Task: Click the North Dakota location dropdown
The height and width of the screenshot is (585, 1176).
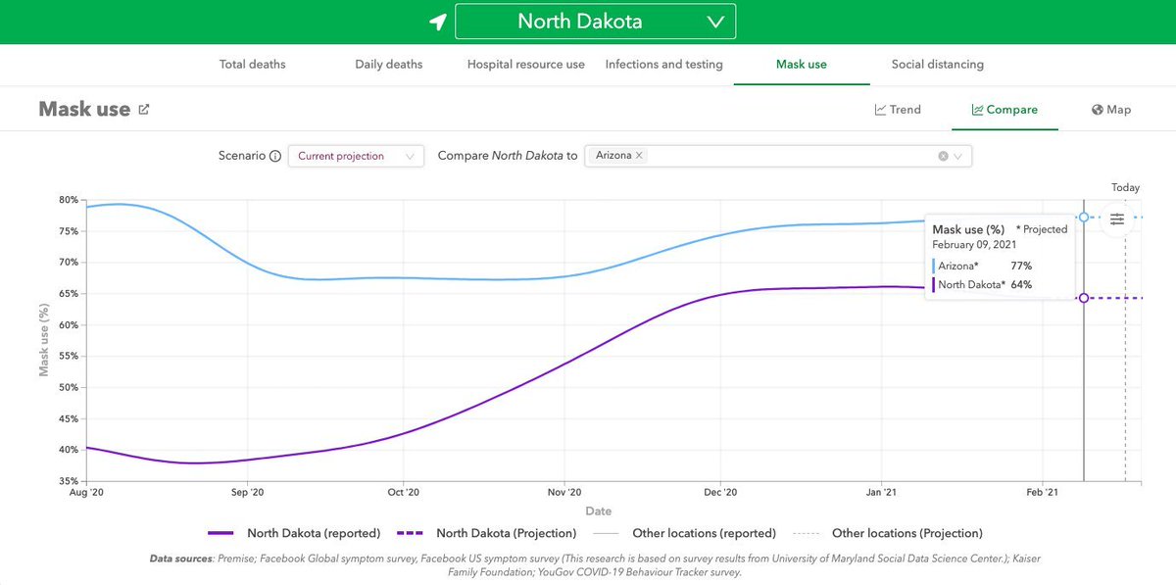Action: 595,21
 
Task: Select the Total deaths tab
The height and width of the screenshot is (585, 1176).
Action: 252,65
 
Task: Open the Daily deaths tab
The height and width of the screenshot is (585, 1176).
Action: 388,65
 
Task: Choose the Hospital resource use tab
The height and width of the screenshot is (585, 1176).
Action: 525,65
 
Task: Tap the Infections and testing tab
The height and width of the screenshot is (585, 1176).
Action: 663,65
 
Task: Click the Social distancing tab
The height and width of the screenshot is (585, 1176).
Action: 937,65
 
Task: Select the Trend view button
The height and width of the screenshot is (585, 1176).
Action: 898,110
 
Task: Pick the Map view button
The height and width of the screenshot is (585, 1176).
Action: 1111,110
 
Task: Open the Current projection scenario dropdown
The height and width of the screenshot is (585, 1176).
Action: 356,156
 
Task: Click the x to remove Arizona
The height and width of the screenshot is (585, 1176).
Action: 639,156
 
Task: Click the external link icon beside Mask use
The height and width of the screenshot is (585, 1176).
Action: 144,110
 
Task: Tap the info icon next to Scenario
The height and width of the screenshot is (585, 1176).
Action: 275,156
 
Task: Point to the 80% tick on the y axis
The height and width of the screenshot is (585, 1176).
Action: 68,200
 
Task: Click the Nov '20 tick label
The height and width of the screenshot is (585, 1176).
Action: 563,493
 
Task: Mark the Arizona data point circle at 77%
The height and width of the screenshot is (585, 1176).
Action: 1084,217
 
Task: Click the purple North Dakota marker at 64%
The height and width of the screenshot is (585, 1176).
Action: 1084,298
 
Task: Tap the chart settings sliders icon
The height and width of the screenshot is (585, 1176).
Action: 1117,219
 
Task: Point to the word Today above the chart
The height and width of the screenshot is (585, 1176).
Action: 1125,188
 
